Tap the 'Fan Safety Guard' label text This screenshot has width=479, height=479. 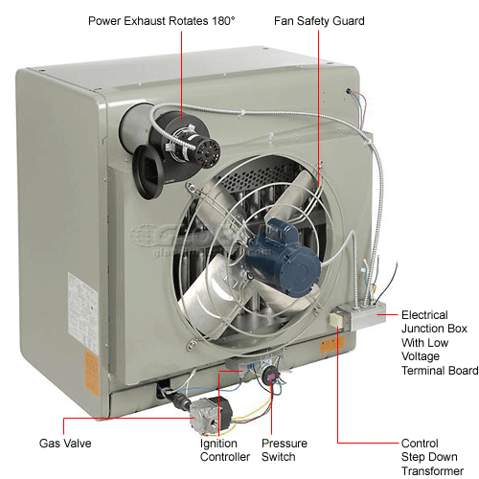click(x=319, y=20)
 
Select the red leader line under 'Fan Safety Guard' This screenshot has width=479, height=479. click(x=319, y=96)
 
